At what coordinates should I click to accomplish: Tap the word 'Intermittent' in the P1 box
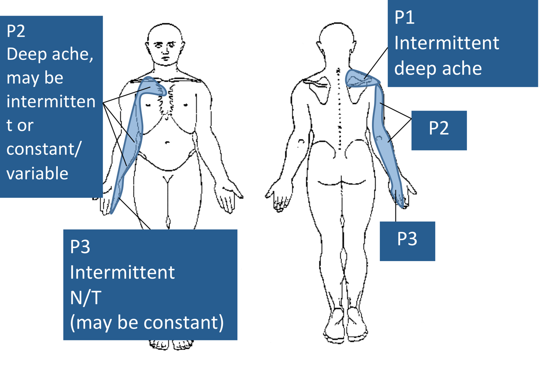(x=447, y=43)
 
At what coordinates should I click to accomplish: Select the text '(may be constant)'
(x=146, y=322)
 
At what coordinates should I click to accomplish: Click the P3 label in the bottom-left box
(x=81, y=248)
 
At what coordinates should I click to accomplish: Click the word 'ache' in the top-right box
(x=461, y=67)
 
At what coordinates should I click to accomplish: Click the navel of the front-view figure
(x=167, y=143)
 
